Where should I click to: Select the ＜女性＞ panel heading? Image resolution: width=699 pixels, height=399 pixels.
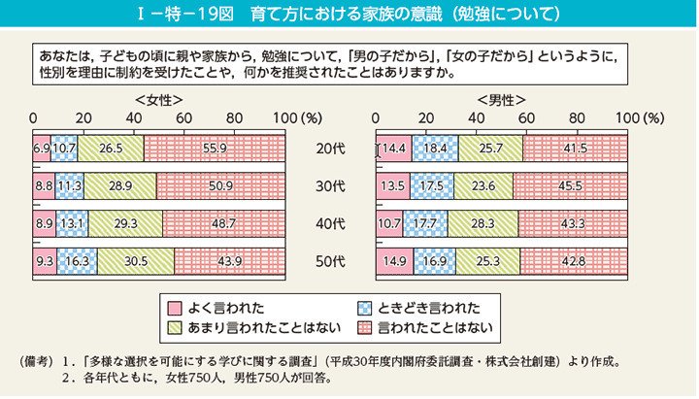158,100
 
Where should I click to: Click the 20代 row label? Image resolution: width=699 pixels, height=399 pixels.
329,149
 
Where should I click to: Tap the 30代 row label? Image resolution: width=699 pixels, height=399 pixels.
329,186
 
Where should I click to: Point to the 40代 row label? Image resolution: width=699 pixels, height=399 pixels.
329,224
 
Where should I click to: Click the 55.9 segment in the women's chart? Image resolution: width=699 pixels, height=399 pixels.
214,149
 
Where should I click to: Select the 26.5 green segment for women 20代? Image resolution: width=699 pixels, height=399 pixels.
110,149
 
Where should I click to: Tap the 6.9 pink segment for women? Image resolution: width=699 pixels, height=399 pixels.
42,149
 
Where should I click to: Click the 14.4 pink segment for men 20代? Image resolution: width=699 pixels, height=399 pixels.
394,149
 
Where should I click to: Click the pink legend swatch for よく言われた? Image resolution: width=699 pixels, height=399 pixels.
175,305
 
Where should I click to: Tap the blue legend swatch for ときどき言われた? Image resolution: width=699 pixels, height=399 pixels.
366,305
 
